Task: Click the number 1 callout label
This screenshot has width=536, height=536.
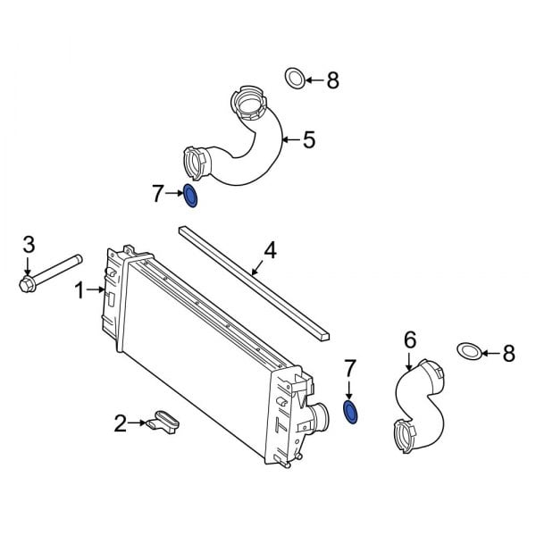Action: (80, 289)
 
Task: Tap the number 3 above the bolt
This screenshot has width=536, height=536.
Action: (29, 244)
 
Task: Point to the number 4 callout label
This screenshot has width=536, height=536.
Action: (269, 250)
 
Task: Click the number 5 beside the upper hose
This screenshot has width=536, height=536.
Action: (309, 139)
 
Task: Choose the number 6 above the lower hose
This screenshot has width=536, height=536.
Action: (410, 339)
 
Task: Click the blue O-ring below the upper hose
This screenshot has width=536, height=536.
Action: (190, 194)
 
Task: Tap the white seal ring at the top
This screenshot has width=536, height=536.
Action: (293, 80)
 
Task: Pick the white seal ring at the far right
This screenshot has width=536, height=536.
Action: (467, 353)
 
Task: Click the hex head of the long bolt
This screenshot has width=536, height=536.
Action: (27, 284)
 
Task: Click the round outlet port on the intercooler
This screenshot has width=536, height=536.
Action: (321, 417)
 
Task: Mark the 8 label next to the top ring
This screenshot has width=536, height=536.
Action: (332, 80)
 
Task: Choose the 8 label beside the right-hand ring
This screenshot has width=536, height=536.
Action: (508, 354)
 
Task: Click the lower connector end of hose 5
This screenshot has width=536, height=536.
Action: (194, 163)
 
